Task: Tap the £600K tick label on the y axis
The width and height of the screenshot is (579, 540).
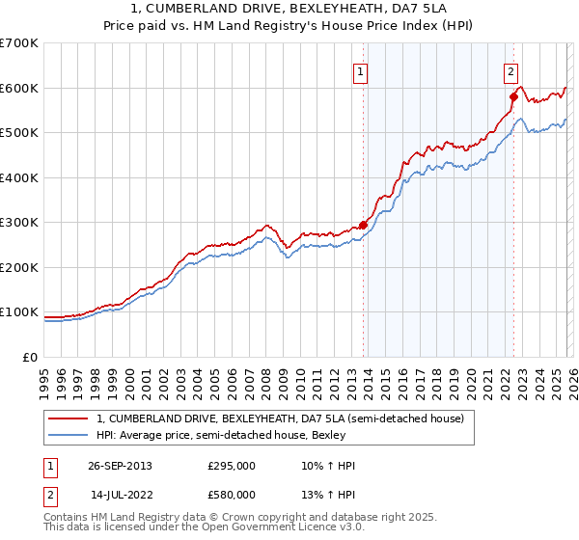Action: tap(18, 88)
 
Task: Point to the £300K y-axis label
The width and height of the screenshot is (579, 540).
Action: tap(18, 223)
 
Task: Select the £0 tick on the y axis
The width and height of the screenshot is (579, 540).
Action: tap(31, 358)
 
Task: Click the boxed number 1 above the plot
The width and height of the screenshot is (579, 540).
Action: tap(360, 70)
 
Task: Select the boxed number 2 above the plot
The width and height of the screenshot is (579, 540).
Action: tap(510, 70)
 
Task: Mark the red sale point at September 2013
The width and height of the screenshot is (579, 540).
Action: tap(364, 225)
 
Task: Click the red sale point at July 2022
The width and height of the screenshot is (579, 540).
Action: tap(513, 96)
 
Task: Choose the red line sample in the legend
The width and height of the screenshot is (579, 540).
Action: tap(69, 418)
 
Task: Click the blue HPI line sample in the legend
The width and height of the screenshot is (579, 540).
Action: tap(69, 435)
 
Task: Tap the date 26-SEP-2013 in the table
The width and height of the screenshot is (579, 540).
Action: tap(120, 466)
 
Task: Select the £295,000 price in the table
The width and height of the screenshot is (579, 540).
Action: tap(232, 466)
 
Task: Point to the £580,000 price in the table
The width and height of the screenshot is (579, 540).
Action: tap(232, 494)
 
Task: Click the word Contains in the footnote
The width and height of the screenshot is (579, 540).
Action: tap(69, 518)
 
